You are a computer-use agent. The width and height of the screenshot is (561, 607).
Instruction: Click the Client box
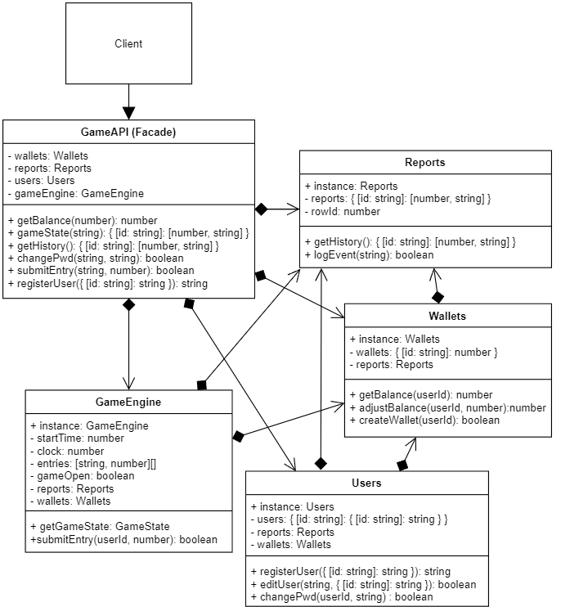coord(128,43)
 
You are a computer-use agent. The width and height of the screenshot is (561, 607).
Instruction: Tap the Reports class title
coord(424,162)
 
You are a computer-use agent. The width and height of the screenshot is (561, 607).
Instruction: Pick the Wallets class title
coord(447,316)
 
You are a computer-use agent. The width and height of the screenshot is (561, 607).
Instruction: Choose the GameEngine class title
coord(128,402)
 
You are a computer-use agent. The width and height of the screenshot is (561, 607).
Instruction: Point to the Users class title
coord(366,483)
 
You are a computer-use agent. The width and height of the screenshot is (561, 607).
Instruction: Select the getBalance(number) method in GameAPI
coord(82,220)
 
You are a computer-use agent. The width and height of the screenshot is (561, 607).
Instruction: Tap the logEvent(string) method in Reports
coord(369,254)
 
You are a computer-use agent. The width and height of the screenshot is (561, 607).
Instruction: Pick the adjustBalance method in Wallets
coord(447,407)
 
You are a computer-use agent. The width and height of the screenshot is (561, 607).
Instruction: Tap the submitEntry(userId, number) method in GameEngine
coord(123,539)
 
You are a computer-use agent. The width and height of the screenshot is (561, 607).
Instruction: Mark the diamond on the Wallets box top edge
coord(438,296)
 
